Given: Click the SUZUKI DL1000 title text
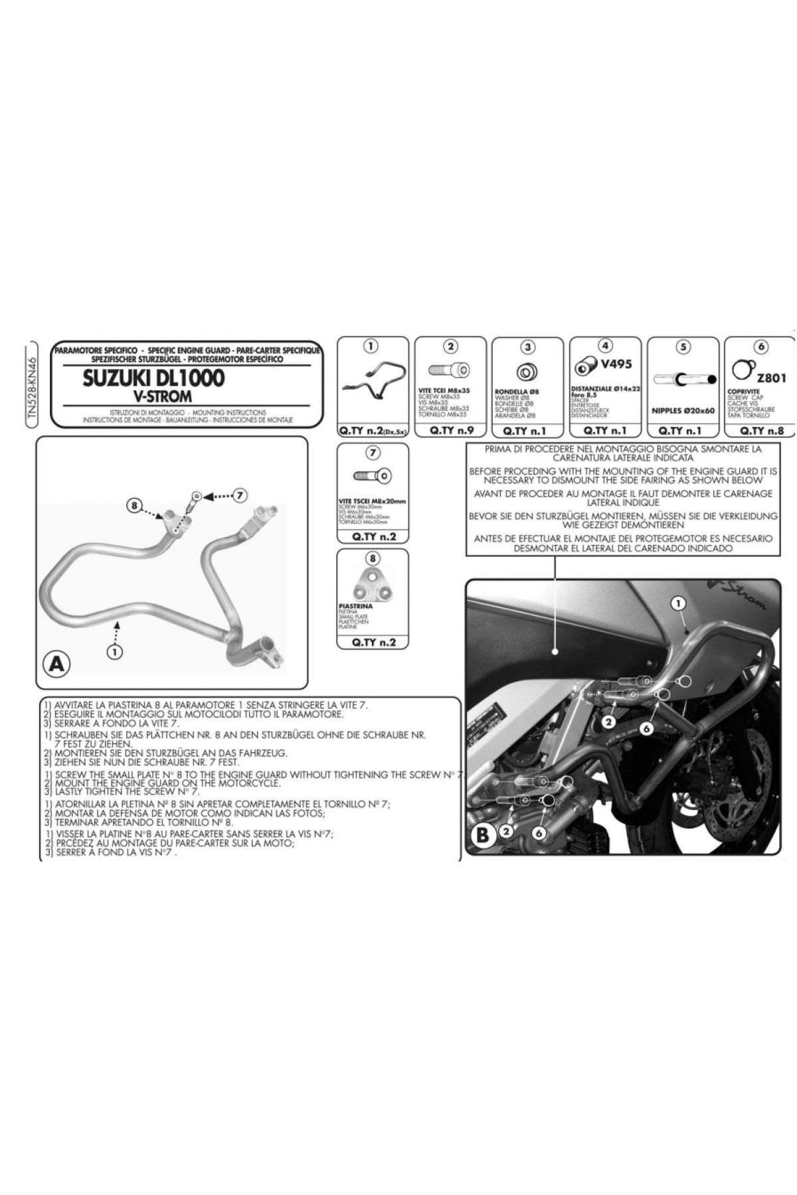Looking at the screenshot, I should [x=153, y=378].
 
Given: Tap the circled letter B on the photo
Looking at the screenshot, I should [x=483, y=835].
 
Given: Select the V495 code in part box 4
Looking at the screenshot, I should [x=615, y=364].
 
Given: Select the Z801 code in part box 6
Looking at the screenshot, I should [x=771, y=378].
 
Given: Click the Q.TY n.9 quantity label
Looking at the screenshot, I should [x=450, y=430].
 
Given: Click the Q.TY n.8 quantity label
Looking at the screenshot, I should [x=761, y=430].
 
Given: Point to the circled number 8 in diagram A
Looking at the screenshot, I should [x=133, y=505].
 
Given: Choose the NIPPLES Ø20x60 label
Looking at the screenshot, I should [x=683, y=410].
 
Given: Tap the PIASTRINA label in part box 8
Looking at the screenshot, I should [x=356, y=606].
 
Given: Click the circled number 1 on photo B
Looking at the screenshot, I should [x=677, y=603].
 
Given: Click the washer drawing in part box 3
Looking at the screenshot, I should [x=527, y=370].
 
